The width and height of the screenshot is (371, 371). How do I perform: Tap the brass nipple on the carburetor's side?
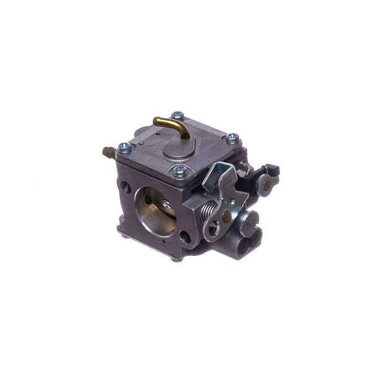click(108, 150)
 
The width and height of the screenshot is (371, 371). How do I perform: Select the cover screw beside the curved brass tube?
click(178, 115)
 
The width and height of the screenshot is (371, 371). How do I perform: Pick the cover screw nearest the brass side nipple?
click(124, 147)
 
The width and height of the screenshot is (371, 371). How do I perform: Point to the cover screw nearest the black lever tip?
click(232, 137)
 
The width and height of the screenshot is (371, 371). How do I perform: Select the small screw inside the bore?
click(166, 204)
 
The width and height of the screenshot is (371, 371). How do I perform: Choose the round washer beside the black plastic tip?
click(265, 184)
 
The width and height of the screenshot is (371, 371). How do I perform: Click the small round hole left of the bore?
click(126, 185)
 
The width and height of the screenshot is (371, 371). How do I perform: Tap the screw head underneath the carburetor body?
click(178, 258)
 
